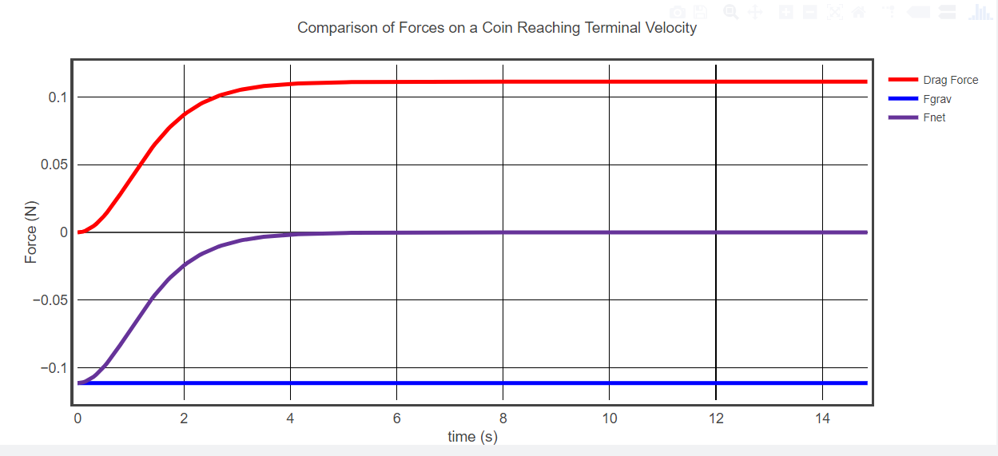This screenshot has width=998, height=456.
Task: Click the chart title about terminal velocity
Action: (x=497, y=28)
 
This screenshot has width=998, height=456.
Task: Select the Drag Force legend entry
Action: (x=950, y=80)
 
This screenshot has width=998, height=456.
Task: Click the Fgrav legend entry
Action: (x=936, y=99)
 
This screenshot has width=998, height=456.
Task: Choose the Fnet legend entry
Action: (x=934, y=117)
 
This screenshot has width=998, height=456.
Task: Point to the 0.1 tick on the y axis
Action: (x=56, y=97)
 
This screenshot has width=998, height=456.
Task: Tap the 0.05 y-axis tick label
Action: (x=53, y=165)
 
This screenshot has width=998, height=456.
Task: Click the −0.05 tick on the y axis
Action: (x=50, y=300)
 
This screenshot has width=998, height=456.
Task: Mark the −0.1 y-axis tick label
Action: (x=53, y=368)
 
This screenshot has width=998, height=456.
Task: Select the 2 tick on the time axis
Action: (x=184, y=418)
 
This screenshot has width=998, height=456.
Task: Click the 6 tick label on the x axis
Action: (x=396, y=418)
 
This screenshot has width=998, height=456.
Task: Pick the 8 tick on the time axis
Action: (x=503, y=418)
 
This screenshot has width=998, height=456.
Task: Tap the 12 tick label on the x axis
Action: (x=715, y=418)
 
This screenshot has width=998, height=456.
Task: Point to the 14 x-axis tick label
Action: (x=821, y=418)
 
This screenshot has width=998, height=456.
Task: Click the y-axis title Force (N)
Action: (x=31, y=232)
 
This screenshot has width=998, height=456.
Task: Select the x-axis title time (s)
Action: (x=472, y=437)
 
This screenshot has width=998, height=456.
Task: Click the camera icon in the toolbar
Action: (x=678, y=12)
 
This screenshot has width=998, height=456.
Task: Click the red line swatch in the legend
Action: (x=903, y=80)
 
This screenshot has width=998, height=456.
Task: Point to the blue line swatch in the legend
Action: (x=903, y=99)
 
